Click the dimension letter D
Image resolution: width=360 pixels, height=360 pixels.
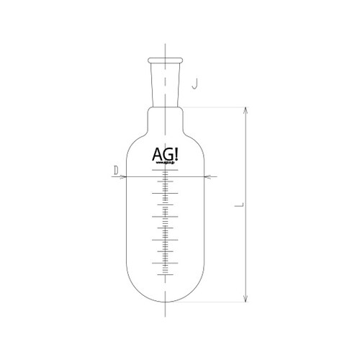[x=115, y=170]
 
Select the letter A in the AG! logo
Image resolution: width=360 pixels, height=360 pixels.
[x=158, y=153]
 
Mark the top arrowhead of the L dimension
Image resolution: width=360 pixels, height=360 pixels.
[x=247, y=110]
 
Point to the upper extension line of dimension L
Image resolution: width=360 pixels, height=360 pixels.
[x=216, y=106]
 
